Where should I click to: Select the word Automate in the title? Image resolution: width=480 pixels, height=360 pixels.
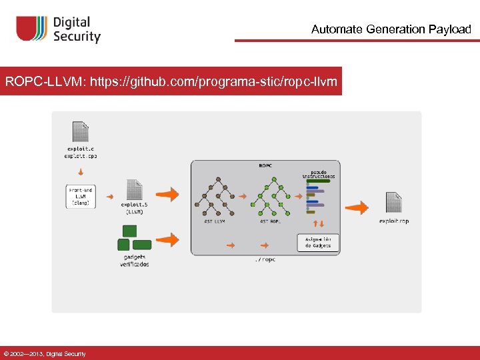336,29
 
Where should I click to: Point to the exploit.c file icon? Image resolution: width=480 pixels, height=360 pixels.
80,132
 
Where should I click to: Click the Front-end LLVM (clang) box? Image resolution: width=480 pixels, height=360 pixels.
81,197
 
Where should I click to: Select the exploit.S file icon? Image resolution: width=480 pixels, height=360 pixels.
134,190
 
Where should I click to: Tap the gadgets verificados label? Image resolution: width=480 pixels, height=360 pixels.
134,261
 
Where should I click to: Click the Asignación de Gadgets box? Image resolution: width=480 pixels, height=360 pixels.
318,242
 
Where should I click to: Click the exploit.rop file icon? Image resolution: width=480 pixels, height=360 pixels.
393,203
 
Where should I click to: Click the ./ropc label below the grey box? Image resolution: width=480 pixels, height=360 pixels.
265,259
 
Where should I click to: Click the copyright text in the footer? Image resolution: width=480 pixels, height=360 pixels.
45,353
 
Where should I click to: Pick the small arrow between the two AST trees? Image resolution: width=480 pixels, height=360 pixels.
243,197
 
